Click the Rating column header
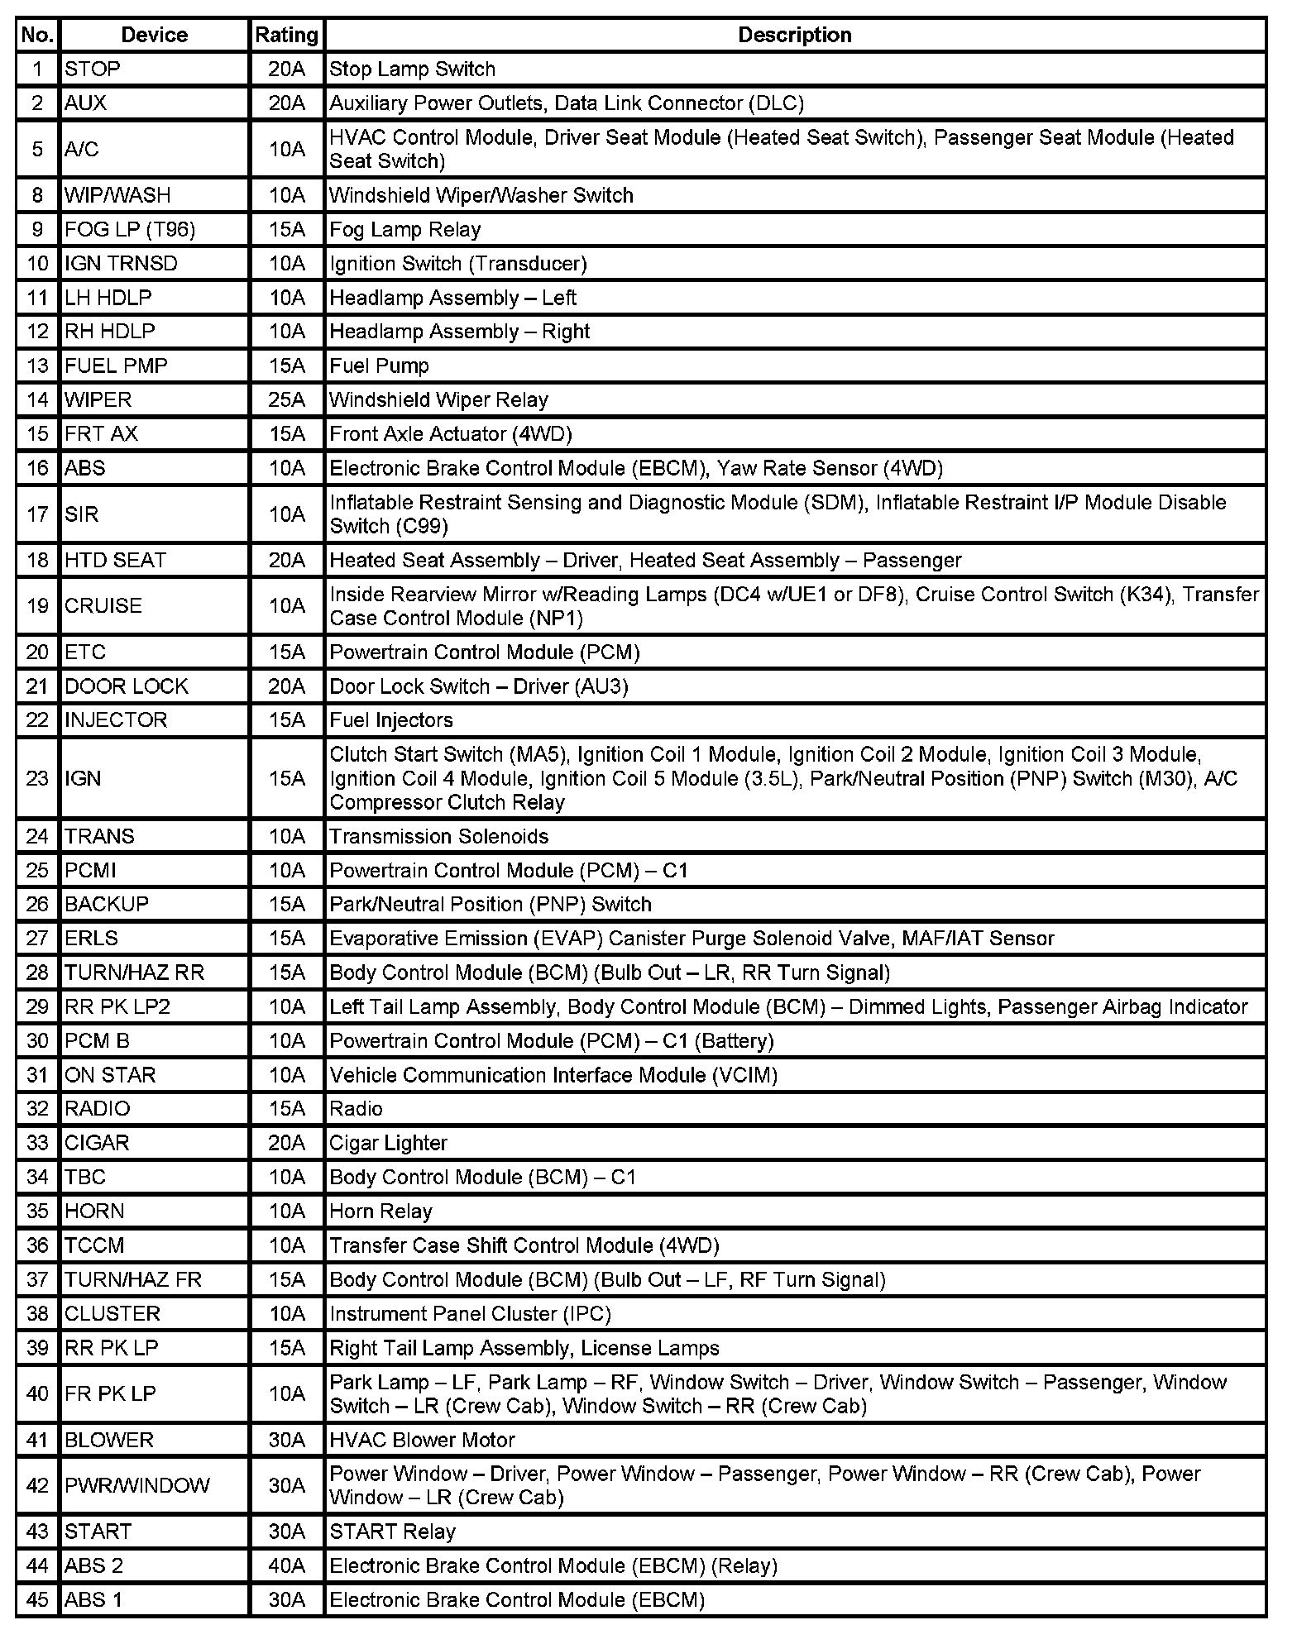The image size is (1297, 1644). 286,35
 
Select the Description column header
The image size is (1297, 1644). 794,35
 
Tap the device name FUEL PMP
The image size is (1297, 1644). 116,366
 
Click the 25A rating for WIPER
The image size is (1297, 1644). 286,400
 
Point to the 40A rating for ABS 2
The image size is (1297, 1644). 286,1565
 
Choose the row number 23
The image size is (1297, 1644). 37,778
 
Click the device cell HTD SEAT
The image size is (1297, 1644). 115,560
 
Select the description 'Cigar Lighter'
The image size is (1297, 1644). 388,1143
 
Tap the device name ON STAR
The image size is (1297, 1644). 110,1075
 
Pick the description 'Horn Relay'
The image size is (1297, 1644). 380,1211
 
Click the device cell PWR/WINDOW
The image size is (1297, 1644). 137,1485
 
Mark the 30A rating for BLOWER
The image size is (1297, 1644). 286,1440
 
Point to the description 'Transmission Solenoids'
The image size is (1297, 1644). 438,836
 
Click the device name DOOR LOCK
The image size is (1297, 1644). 127,686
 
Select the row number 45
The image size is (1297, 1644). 37,1599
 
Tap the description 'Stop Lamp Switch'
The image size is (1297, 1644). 412,69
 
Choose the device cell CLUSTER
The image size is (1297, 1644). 112,1313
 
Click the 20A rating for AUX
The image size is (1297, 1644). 286,103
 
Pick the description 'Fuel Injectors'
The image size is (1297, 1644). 391,720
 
